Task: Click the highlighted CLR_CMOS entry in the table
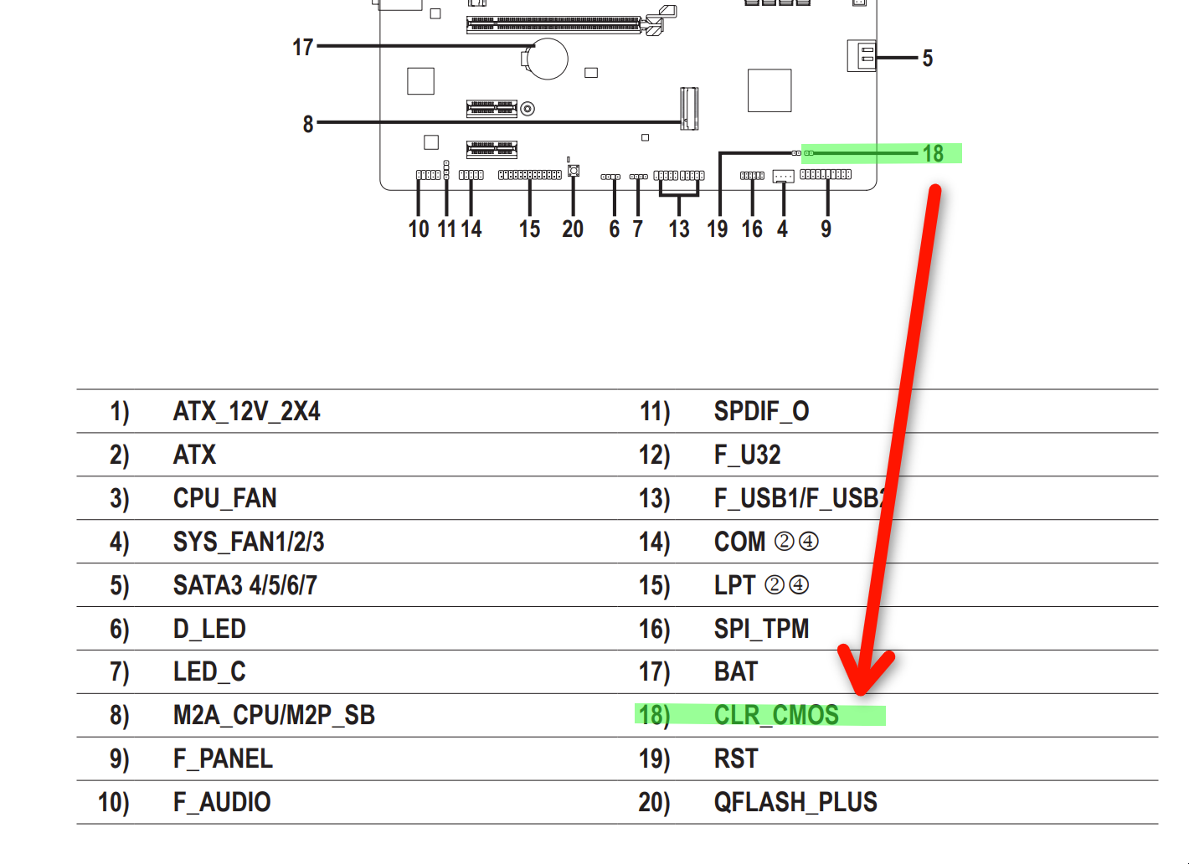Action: click(776, 715)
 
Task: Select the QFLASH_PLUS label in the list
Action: click(795, 802)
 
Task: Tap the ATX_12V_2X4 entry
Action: click(246, 411)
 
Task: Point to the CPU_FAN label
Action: click(224, 498)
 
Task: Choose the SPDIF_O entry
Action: click(761, 411)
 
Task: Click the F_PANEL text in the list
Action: click(223, 759)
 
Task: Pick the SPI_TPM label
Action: click(761, 629)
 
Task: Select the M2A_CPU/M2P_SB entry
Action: click(274, 715)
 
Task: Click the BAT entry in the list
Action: click(736, 671)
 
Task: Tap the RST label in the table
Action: click(736, 759)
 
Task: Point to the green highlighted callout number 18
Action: click(933, 153)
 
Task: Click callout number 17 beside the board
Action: click(302, 47)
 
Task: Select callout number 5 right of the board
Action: click(927, 59)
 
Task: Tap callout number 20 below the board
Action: click(573, 229)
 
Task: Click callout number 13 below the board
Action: click(679, 229)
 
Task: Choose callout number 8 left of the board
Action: click(308, 124)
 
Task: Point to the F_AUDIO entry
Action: click(222, 802)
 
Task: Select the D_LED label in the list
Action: click(209, 629)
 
